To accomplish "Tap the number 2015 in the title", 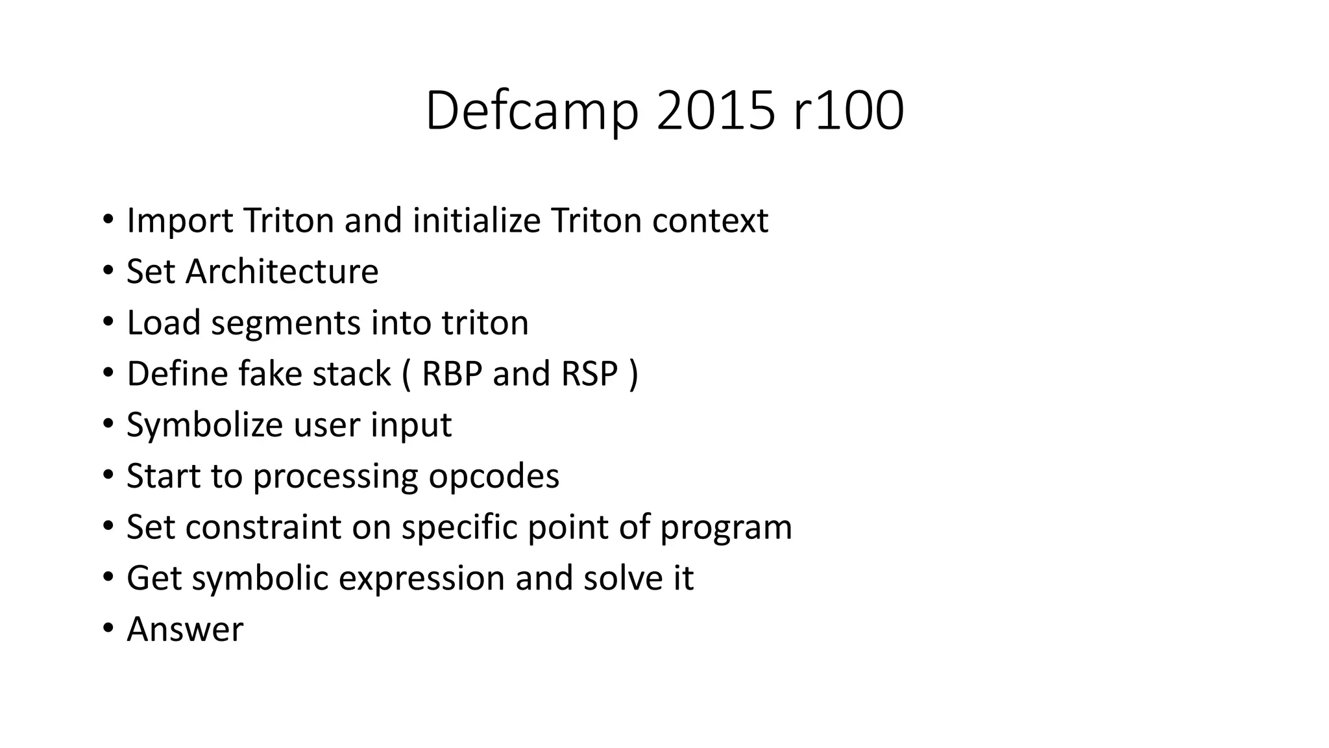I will [x=715, y=111].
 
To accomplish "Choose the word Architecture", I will [x=282, y=271].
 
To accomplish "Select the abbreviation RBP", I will [x=452, y=373].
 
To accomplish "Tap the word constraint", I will [x=263, y=527].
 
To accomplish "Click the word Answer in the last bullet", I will [x=185, y=629].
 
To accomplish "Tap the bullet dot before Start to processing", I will [x=108, y=475].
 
